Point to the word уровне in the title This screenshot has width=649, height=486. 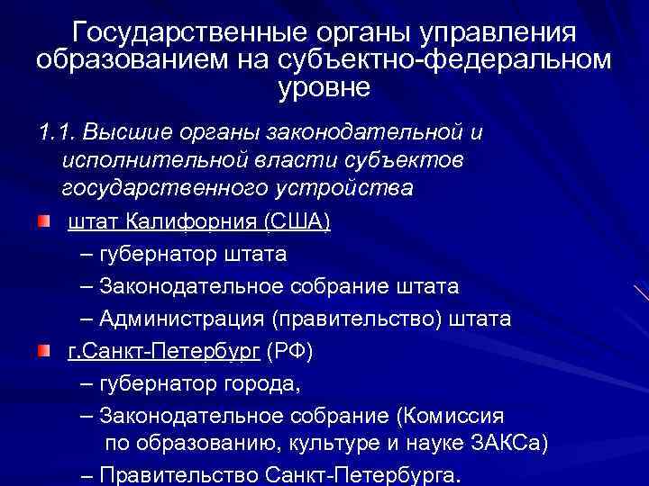(324, 88)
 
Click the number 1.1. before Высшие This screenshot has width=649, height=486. (56, 133)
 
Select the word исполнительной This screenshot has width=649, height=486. (147, 161)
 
